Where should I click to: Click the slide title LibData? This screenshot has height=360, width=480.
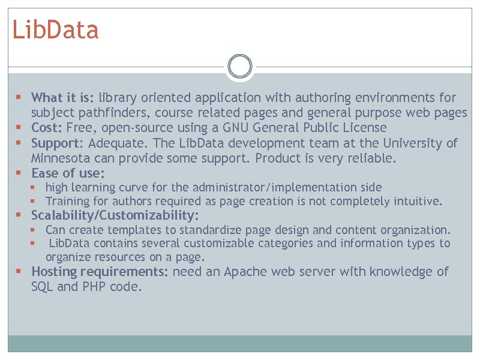pyautogui.click(x=55, y=30)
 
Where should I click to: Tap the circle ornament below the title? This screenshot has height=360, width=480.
pyautogui.click(x=240, y=67)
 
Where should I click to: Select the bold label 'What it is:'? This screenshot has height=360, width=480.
pyautogui.click(x=63, y=98)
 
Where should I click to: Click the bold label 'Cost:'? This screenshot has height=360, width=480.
pyautogui.click(x=47, y=128)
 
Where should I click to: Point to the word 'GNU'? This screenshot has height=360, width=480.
pyautogui.click(x=236, y=128)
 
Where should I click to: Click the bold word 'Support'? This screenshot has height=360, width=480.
pyautogui.click(x=56, y=143)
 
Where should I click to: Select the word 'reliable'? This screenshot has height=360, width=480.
pyautogui.click(x=372, y=158)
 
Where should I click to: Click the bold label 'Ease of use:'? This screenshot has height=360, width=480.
pyautogui.click(x=68, y=173)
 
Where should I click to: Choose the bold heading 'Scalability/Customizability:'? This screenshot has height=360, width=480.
pyautogui.click(x=115, y=215)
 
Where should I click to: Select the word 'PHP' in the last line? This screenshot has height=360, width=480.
pyautogui.click(x=93, y=287)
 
